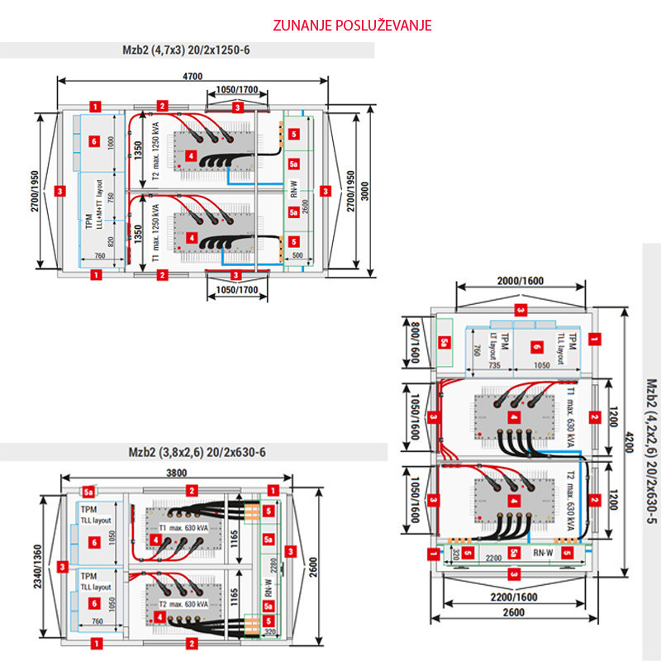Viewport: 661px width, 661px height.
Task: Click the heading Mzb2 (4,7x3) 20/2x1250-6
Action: tap(180, 50)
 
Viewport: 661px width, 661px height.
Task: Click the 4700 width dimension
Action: tap(192, 77)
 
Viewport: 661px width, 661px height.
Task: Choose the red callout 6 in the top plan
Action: tap(94, 142)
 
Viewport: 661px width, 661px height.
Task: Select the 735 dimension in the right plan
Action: tap(493, 364)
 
